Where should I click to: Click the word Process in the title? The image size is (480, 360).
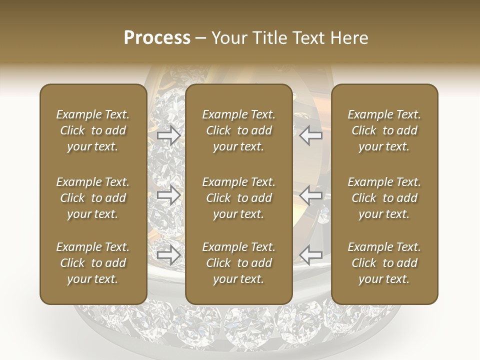coord(157,37)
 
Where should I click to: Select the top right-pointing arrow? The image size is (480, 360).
coord(169,135)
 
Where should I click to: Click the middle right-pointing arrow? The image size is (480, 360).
coord(169,195)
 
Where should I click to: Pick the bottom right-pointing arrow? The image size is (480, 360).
coord(169,255)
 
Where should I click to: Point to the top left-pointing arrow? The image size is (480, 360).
coord(311,135)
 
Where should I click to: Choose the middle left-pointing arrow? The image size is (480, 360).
coord(311,195)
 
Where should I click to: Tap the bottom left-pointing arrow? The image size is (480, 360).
coord(311,255)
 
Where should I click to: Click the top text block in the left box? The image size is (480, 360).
coord(93,130)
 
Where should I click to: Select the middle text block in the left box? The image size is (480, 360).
coord(93,198)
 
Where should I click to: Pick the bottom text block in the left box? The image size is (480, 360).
coord(93,263)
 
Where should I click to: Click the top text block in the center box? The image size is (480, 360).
coord(239,130)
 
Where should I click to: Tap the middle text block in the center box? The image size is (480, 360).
coord(239,198)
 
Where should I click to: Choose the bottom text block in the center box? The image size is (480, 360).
coord(239,263)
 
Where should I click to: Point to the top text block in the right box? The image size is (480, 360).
coord(384,130)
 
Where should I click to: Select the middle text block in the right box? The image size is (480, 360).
coord(384,198)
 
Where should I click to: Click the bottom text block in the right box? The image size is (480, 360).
coord(384,263)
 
